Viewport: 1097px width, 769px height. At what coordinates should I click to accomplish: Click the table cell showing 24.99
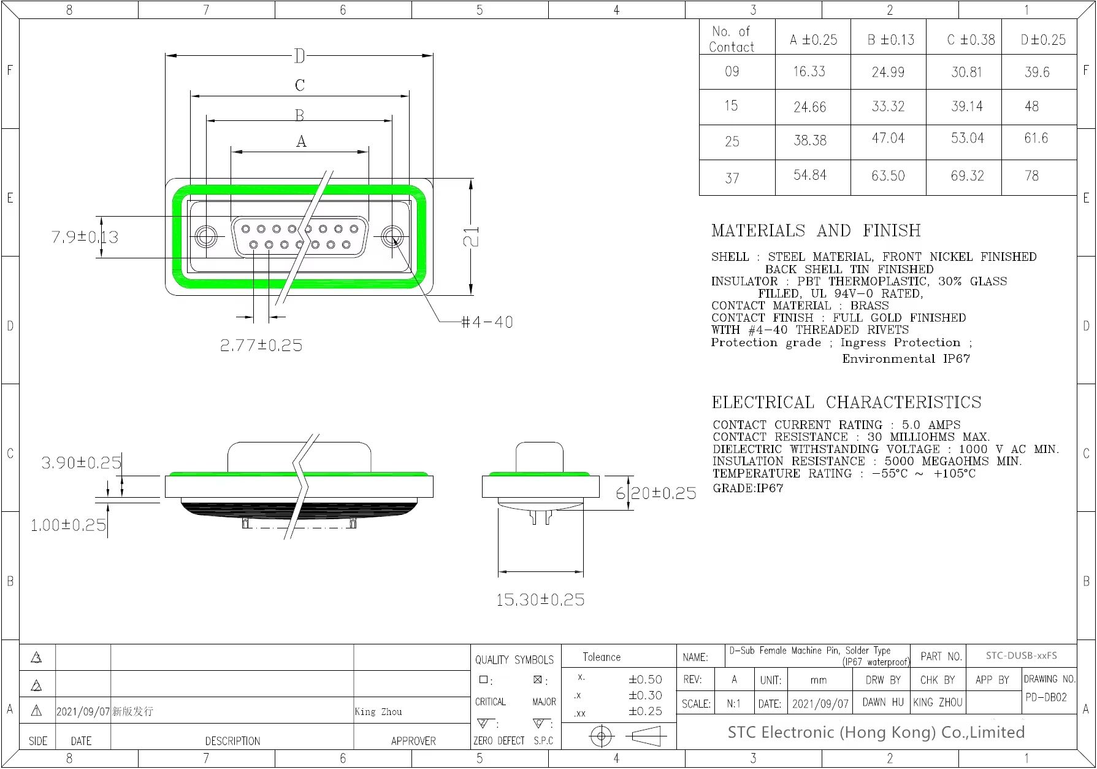click(x=888, y=72)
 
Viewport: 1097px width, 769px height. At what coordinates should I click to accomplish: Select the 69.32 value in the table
click(x=967, y=176)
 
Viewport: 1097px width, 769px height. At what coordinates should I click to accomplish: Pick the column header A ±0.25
click(x=813, y=40)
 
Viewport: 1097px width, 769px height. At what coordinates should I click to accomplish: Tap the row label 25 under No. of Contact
click(x=732, y=142)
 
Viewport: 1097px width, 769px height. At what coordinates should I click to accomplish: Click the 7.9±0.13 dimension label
click(x=85, y=237)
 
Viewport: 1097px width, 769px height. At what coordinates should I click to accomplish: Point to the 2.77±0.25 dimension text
click(x=261, y=346)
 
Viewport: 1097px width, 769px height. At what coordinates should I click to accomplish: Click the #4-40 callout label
click(x=487, y=322)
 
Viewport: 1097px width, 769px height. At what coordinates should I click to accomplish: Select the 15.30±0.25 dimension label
click(x=540, y=600)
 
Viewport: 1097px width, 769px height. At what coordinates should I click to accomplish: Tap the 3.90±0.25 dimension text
click(x=82, y=463)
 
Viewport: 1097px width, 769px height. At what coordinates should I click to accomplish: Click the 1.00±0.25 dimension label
click(x=68, y=525)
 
